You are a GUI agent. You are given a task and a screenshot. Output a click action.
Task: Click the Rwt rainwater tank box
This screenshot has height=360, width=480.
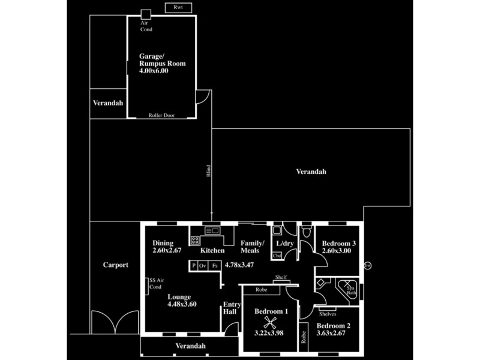(x=178, y=7)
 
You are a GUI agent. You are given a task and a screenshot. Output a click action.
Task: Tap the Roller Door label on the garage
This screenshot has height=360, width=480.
(x=161, y=115)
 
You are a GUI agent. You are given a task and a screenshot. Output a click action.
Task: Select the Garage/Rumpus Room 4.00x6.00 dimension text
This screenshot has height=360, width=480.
(x=154, y=70)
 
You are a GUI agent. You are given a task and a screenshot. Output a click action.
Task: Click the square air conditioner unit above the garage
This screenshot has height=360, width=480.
(x=146, y=14)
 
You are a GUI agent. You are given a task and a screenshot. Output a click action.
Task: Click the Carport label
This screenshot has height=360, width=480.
(x=115, y=265)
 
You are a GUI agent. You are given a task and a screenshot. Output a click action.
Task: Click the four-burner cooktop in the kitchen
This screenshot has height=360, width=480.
(x=196, y=240)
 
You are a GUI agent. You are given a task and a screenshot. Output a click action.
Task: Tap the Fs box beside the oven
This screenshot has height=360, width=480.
(x=215, y=266)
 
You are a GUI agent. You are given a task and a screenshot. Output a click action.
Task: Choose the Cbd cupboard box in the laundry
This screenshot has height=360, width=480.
(x=277, y=256)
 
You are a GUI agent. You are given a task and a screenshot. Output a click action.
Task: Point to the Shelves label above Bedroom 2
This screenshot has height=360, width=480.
(x=327, y=314)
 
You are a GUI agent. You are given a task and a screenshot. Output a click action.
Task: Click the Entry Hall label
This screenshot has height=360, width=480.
(x=232, y=308)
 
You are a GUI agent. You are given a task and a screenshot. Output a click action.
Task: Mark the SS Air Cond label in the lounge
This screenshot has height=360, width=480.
(x=154, y=284)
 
